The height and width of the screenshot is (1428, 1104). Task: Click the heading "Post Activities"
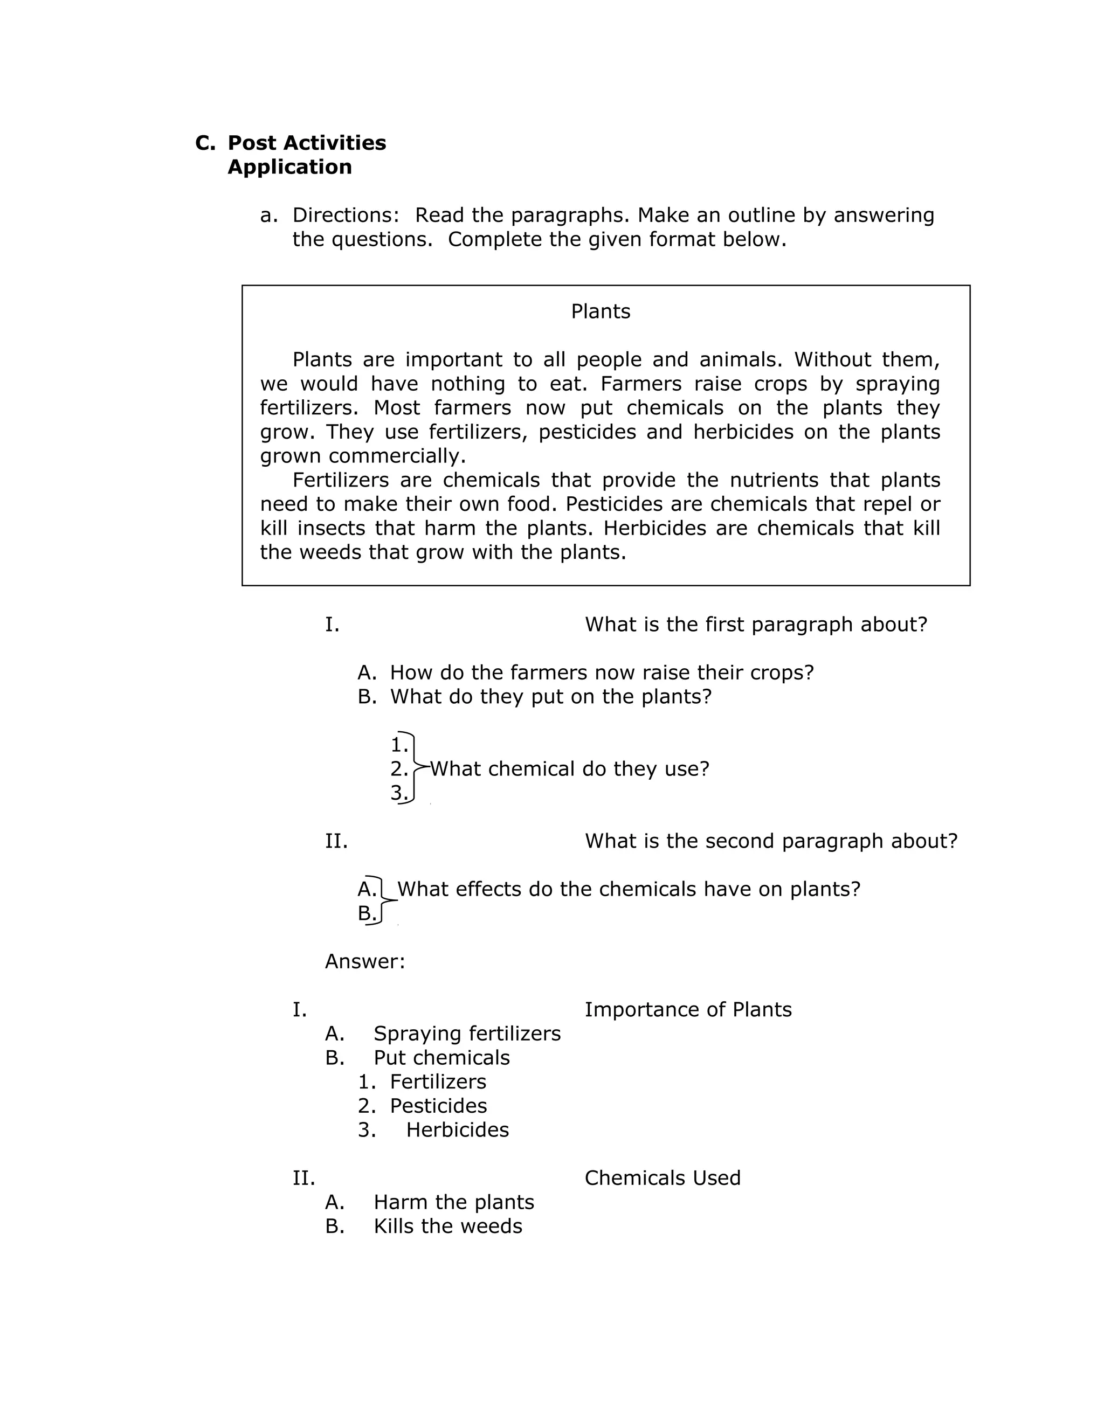(306, 143)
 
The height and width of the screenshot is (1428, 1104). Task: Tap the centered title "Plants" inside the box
(601, 311)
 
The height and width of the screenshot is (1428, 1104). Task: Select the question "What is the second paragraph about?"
(770, 841)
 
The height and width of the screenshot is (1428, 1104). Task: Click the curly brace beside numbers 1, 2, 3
(415, 767)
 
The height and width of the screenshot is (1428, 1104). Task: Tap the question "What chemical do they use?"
(569, 769)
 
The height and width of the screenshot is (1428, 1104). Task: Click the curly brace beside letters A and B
(384, 901)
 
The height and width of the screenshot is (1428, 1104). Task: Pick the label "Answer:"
(365, 961)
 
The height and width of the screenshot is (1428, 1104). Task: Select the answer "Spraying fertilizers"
(467, 1034)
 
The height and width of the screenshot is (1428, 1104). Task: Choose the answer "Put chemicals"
(441, 1058)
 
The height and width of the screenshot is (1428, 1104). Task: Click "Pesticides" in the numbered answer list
(438, 1106)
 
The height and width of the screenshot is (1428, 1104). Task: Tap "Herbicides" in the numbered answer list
(457, 1130)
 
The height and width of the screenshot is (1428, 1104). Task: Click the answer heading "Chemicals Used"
(662, 1178)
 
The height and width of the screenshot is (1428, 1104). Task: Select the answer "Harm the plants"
(453, 1202)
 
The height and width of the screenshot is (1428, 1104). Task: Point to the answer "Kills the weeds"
(447, 1226)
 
